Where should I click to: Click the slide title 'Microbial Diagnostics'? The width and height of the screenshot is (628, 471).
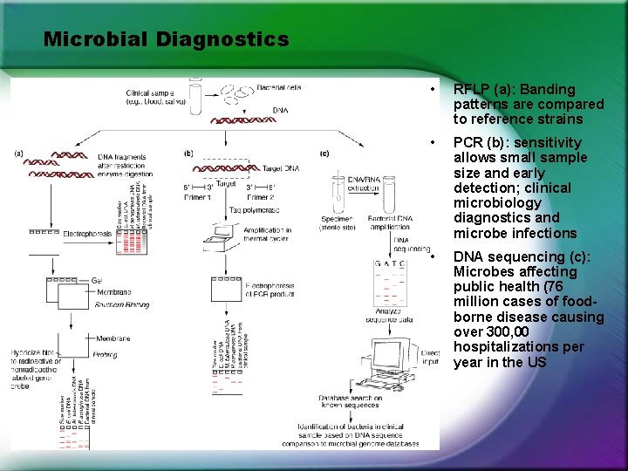[x=166, y=39]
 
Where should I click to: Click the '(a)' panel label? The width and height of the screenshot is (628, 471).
[x=18, y=154]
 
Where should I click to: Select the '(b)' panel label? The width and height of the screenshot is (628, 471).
[x=189, y=154]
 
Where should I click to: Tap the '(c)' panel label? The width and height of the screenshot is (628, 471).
[x=324, y=154]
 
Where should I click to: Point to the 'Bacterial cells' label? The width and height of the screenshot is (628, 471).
[x=280, y=87]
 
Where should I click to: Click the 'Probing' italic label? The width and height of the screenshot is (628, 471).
[x=106, y=355]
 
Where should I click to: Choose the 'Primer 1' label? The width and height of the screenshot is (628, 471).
[x=197, y=198]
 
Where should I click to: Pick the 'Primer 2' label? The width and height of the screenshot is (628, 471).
[x=261, y=198]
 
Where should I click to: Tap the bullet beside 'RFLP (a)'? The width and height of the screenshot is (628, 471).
[x=432, y=90]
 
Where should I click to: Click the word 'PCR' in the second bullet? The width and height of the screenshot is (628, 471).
[x=466, y=143]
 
